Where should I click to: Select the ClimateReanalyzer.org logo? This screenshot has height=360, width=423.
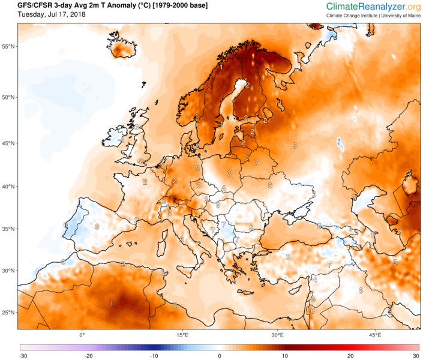[x=373, y=6]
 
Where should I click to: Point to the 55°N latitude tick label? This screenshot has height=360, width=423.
[x=8, y=46]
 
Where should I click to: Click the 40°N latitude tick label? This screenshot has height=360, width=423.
[x=8, y=187]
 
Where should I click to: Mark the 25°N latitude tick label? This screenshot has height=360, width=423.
[x=8, y=313]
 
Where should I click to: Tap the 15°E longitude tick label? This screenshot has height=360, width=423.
[x=182, y=335]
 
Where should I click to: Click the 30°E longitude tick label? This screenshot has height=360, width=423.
[x=277, y=335]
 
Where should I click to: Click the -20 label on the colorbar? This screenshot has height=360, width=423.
[x=88, y=356]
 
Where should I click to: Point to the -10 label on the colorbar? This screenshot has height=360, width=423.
[x=154, y=356]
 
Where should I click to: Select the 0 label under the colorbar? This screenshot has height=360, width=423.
[x=220, y=356]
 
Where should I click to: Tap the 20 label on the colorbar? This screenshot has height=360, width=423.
[x=352, y=356]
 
